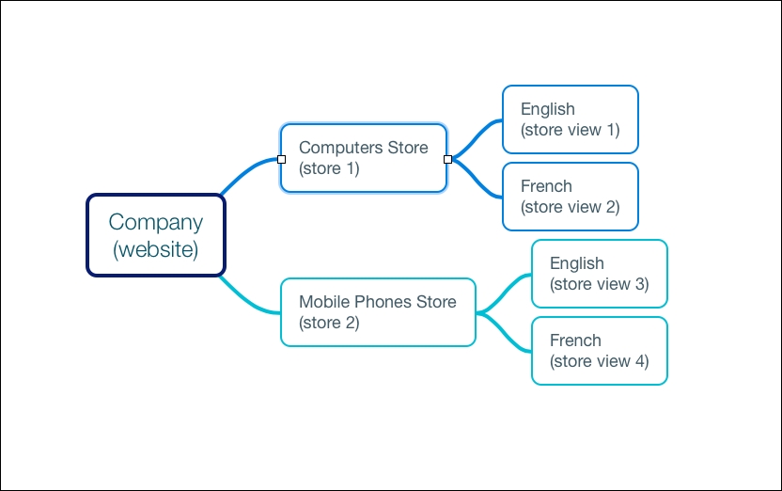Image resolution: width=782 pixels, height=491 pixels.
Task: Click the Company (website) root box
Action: [156, 235]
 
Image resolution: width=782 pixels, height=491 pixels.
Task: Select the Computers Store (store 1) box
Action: [364, 158]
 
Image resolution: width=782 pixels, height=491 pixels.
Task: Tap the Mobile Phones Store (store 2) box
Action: [378, 312]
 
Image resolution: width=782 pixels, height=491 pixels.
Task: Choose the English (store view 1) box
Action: [570, 119]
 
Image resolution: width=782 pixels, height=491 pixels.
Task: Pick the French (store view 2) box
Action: [570, 197]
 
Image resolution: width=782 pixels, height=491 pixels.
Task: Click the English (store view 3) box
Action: [600, 274]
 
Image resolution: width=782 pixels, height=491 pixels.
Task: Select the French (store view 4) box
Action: [600, 351]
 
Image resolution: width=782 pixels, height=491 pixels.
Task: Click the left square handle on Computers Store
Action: [281, 159]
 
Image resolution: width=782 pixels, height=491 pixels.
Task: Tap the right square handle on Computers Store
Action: [447, 159]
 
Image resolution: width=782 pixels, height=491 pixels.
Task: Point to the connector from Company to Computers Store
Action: [247, 171]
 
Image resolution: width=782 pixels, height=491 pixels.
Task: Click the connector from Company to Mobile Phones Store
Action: [247, 299]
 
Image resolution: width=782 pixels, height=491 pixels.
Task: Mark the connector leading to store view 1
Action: [477, 136]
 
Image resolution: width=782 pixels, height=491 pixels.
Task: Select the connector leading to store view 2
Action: [477, 181]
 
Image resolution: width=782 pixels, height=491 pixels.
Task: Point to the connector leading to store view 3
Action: [505, 291]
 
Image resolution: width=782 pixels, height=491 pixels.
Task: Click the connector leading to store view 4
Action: [505, 334]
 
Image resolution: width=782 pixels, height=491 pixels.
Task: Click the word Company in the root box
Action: [156, 223]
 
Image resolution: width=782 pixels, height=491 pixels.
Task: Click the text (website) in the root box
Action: [156, 249]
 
